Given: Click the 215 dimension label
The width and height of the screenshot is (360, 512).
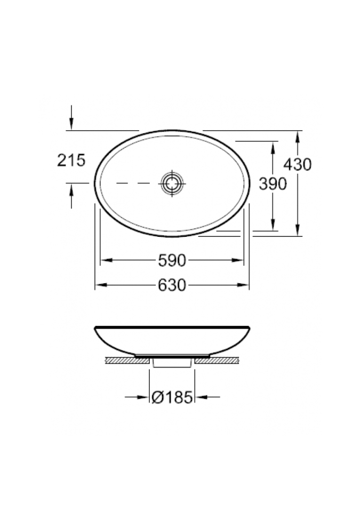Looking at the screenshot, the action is click(x=71, y=160).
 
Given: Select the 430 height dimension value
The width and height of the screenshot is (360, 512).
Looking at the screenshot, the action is click(x=297, y=164).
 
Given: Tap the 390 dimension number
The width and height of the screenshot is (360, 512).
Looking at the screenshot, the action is click(x=273, y=184).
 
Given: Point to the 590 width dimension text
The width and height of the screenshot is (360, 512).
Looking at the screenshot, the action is click(x=172, y=260).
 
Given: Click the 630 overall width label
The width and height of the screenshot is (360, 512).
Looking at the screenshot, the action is click(x=172, y=285).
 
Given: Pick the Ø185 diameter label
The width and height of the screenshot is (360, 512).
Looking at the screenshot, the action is click(x=172, y=397).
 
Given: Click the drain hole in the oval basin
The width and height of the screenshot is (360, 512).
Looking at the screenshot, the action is click(x=172, y=183).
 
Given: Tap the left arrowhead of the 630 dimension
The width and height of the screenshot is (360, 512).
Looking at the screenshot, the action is click(x=101, y=285).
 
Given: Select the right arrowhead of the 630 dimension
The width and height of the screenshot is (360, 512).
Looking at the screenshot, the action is click(x=243, y=285).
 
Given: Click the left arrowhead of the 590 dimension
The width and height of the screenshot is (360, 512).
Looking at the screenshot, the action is click(x=107, y=260).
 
